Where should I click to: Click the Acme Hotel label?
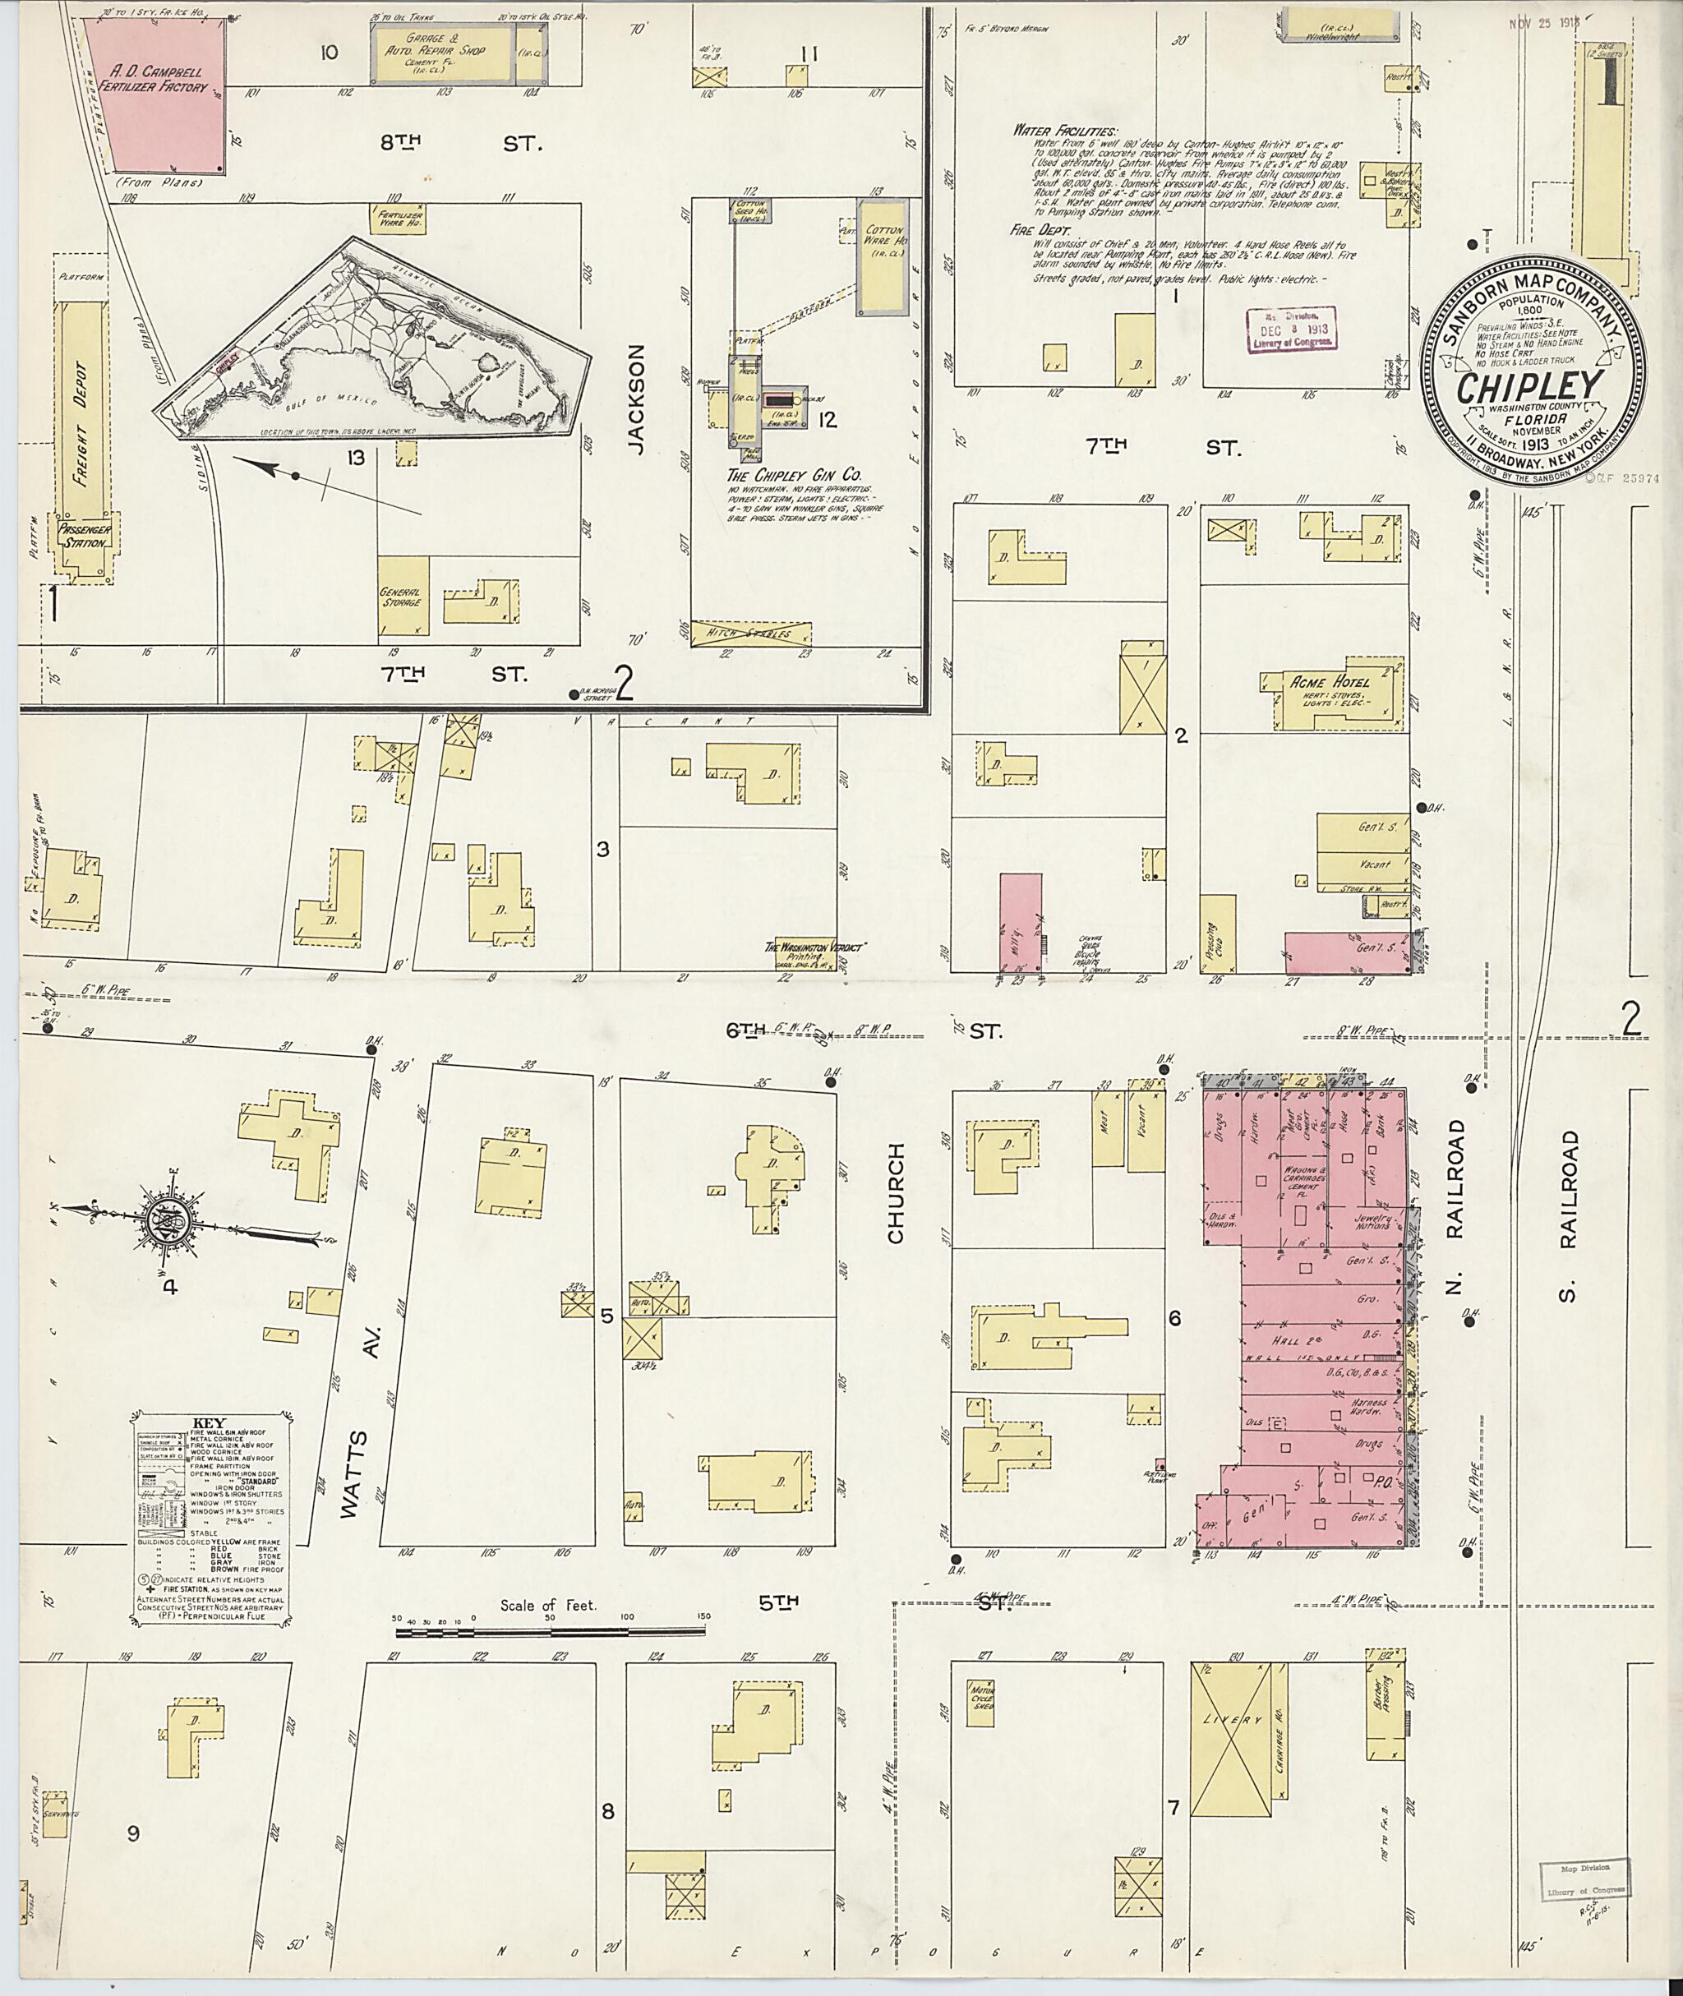coord(1330,682)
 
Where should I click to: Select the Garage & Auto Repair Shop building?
coord(444,53)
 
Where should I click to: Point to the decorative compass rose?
coord(158,1219)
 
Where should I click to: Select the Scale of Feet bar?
coord(552,1633)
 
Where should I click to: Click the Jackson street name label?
coord(638,398)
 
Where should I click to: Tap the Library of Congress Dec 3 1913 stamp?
coord(1291,330)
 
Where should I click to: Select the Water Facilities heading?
coord(1066,131)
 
